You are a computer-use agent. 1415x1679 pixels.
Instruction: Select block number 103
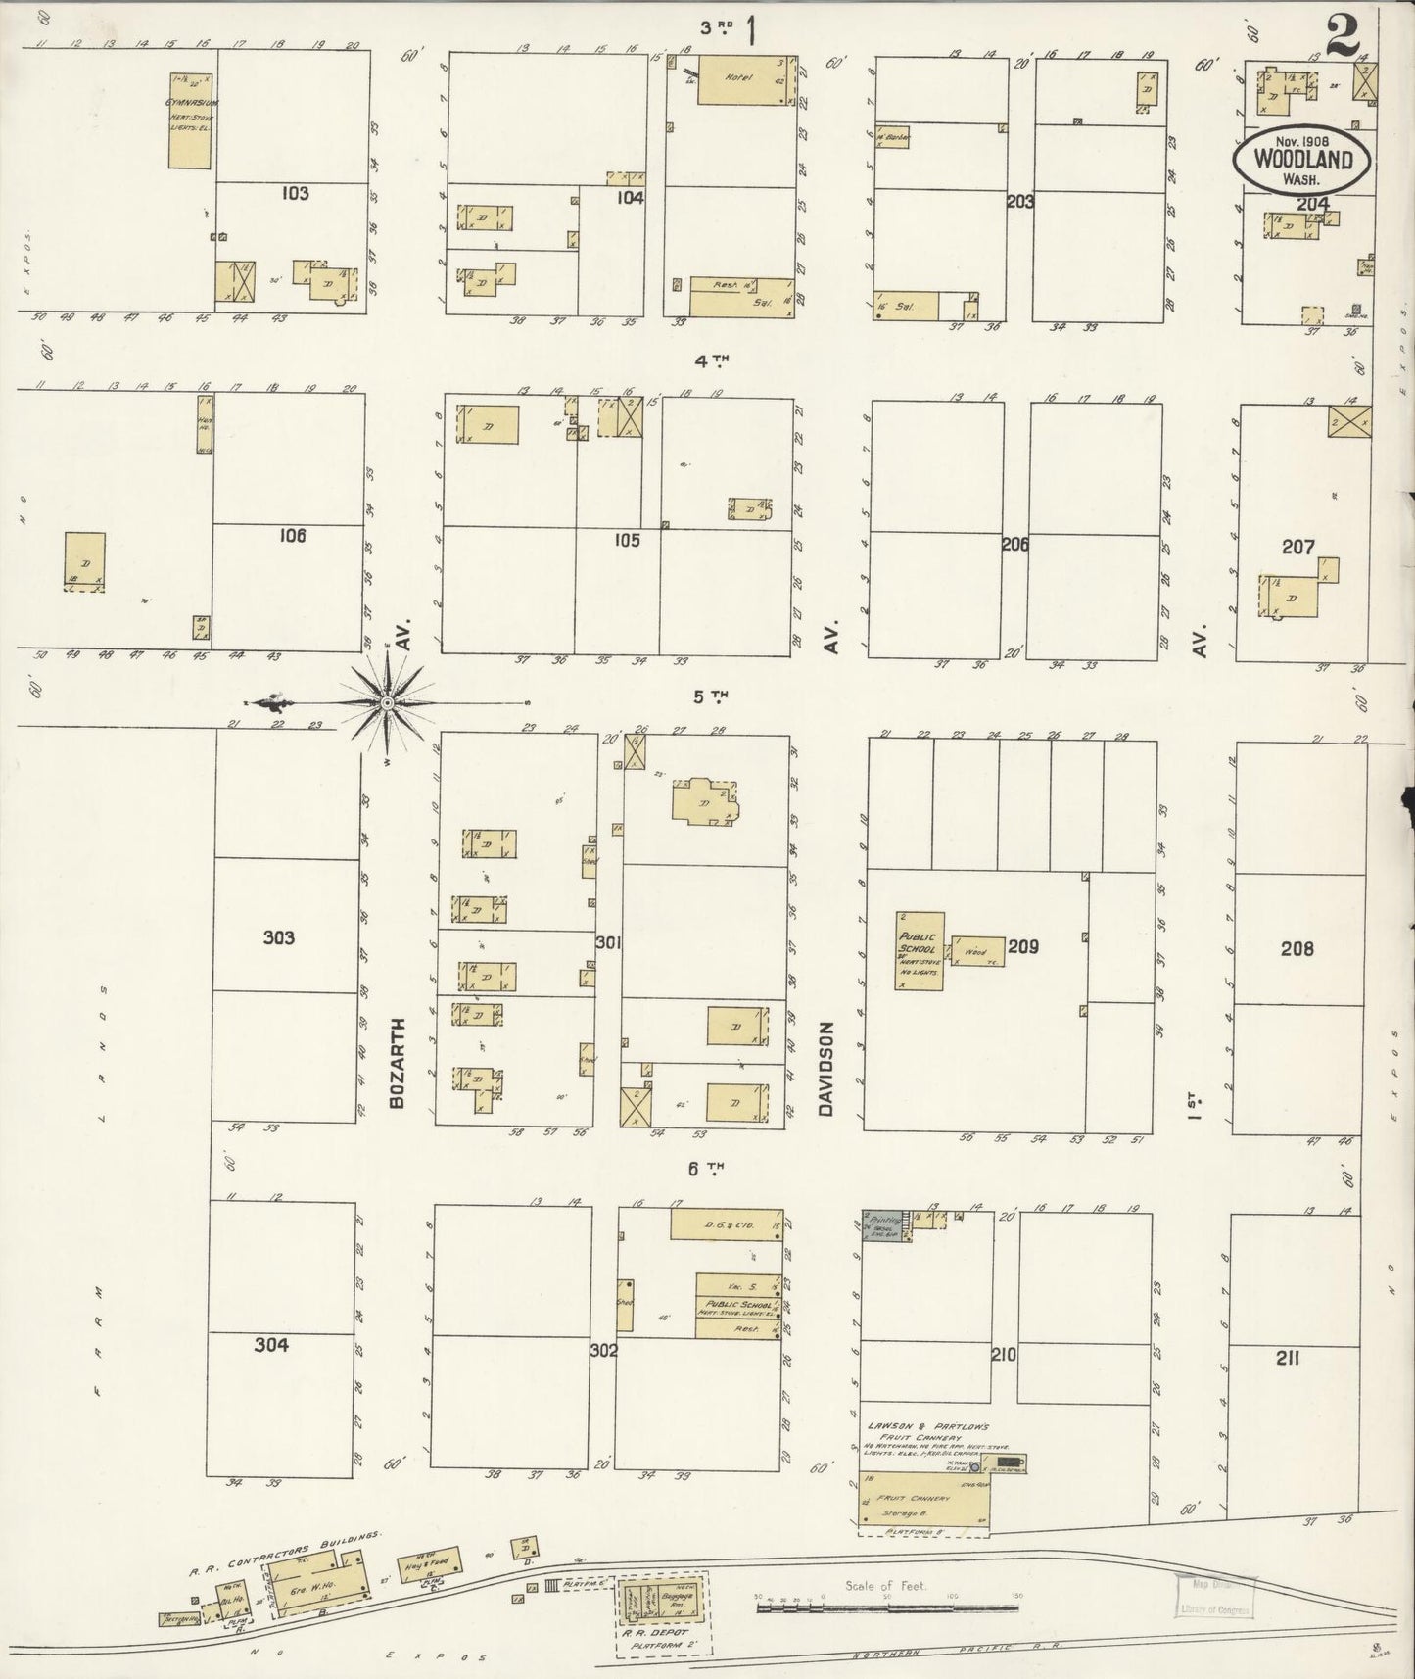point(295,193)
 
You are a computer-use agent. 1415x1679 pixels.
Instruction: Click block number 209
point(1022,947)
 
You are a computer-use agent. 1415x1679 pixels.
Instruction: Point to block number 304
point(271,1345)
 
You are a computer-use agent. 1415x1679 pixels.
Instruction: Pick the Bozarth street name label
point(397,1063)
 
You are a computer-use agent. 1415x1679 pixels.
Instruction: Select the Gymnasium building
point(190,120)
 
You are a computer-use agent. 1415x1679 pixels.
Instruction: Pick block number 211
point(1288,1358)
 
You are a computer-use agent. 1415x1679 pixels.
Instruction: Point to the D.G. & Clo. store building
point(728,1224)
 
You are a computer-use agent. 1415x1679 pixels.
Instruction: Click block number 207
point(1298,547)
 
